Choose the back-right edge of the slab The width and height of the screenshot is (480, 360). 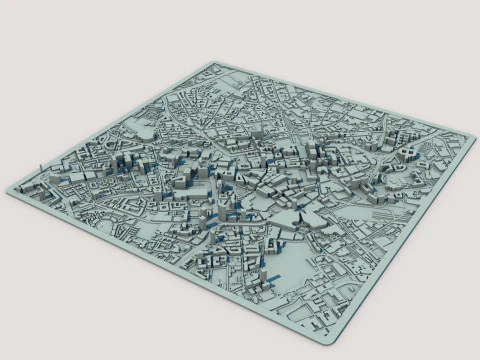coord(350,101)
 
